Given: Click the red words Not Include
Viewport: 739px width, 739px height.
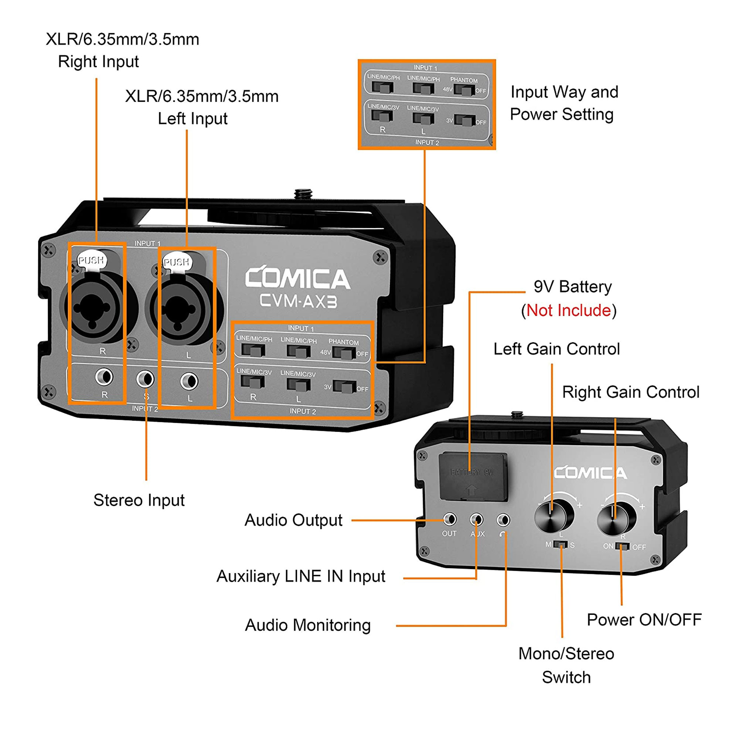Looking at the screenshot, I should [568, 311].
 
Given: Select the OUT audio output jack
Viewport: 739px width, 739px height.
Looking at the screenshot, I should [449, 520].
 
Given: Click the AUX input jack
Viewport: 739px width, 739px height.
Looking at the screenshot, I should [477, 520].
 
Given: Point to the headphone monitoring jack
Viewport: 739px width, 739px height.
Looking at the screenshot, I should [503, 520].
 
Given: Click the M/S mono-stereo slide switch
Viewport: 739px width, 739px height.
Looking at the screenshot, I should [561, 544].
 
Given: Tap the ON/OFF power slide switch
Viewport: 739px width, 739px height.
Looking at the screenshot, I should [622, 546].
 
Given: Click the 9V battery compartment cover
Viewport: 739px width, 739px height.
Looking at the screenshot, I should [473, 477].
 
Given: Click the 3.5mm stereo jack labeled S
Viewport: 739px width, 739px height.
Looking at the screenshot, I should [145, 379].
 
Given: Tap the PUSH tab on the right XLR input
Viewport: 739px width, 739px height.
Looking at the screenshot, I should [91, 261].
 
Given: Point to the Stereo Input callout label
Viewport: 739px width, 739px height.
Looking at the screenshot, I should [139, 500].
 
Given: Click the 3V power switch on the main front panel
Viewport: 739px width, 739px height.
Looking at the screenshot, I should [345, 387].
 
